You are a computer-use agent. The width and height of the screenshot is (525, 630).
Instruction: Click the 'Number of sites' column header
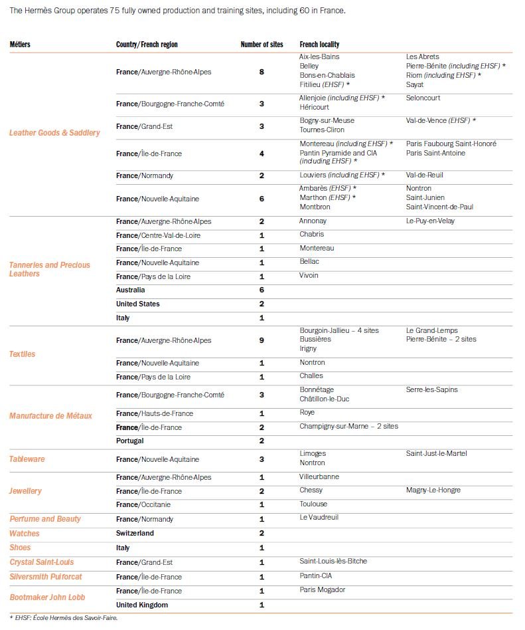pyautogui.click(x=262, y=45)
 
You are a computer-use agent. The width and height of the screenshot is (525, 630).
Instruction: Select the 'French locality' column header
pyautogui.click(x=319, y=45)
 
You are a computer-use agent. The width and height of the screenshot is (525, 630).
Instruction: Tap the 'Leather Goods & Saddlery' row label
pyautogui.click(x=54, y=133)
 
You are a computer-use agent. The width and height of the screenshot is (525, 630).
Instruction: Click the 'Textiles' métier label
pyautogui.click(x=23, y=354)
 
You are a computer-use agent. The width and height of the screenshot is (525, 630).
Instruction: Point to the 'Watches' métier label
pyautogui.click(x=25, y=534)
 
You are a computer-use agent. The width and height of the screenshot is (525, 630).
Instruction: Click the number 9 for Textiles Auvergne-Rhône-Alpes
pyautogui.click(x=262, y=340)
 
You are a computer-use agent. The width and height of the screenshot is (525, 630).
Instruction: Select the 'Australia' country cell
pyautogui.click(x=131, y=290)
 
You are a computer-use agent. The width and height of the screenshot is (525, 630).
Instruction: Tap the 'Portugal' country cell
pyautogui.click(x=130, y=441)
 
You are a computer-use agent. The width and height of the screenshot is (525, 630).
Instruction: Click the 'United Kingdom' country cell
pyautogui.click(x=142, y=605)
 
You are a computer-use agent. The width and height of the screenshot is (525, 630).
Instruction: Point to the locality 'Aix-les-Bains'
pyautogui.click(x=319, y=57)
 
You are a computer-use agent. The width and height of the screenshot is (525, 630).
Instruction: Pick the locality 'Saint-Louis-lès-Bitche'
pyautogui.click(x=333, y=561)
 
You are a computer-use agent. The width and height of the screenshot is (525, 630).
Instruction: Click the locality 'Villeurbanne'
pyautogui.click(x=319, y=476)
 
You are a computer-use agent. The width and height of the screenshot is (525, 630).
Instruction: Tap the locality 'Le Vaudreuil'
pyautogui.click(x=319, y=518)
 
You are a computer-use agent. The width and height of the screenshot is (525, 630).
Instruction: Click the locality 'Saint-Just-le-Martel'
pyautogui.click(x=437, y=453)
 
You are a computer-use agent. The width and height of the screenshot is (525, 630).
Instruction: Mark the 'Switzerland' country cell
pyautogui.click(x=135, y=534)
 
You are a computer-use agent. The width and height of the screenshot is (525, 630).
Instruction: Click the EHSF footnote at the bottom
pyautogui.click(x=63, y=618)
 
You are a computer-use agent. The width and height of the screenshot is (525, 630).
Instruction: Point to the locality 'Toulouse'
pyautogui.click(x=313, y=504)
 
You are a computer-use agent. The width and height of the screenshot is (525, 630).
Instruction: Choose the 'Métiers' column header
pyautogui.click(x=20, y=45)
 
